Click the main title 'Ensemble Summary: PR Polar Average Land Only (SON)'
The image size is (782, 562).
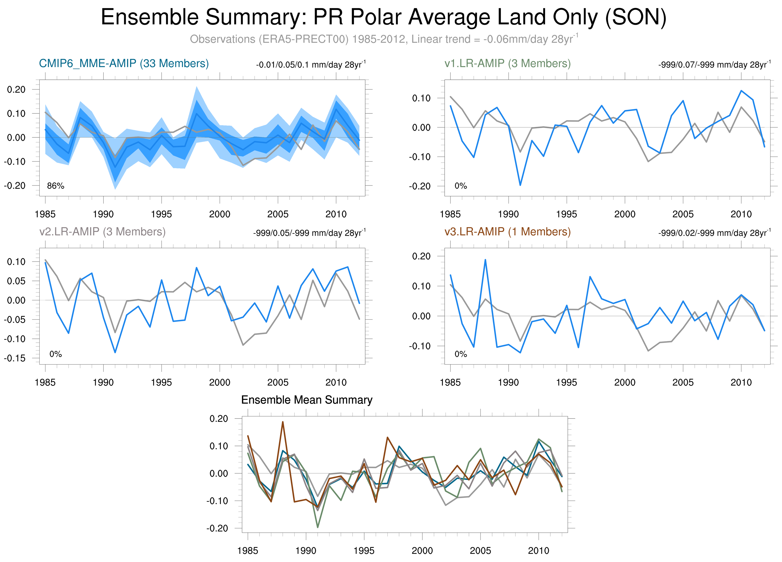[383, 17]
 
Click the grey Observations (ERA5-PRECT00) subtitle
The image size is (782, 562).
[383, 39]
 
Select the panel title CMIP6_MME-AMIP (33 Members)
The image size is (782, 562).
[124, 63]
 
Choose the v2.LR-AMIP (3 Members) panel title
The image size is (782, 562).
[103, 231]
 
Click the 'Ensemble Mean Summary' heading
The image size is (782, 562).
[307, 400]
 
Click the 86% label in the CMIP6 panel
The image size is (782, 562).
[55, 186]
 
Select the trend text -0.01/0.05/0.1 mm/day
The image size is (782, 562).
[310, 65]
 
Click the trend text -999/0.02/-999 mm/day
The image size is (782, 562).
[714, 233]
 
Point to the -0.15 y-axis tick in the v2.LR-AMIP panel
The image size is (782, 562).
[15, 358]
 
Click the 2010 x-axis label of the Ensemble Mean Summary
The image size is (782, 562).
[538, 551]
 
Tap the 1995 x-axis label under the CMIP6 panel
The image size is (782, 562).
[161, 214]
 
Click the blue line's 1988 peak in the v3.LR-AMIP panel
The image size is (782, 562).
[485, 260]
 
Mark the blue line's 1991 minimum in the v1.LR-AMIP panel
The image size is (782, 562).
[520, 185]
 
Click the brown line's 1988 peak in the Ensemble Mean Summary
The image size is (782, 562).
[283, 422]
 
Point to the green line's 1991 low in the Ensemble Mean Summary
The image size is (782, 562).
[318, 527]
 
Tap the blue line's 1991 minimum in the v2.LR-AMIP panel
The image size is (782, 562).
[115, 352]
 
